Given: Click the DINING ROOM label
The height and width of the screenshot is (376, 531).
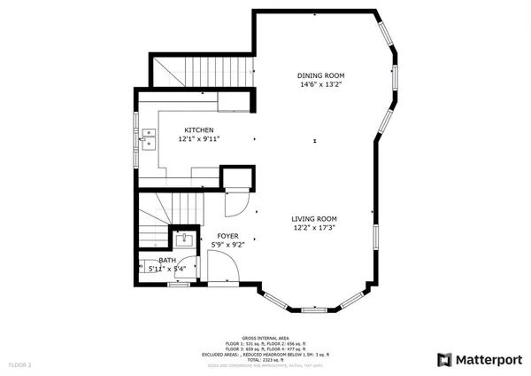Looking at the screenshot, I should tap(319, 75).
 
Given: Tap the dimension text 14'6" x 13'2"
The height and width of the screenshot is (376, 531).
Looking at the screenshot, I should tap(319, 86).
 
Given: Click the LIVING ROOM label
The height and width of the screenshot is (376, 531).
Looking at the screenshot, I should tap(314, 218).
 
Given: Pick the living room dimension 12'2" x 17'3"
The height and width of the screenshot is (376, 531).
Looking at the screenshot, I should tap(314, 228).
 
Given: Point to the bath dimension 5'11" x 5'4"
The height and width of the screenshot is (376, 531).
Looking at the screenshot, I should tap(160, 268).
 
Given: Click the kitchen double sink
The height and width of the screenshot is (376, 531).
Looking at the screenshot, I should tap(147, 138).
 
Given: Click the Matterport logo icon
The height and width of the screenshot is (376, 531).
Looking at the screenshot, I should tap(446, 359).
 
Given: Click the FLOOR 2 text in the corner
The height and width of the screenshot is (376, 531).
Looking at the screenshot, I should tap(19, 364).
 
